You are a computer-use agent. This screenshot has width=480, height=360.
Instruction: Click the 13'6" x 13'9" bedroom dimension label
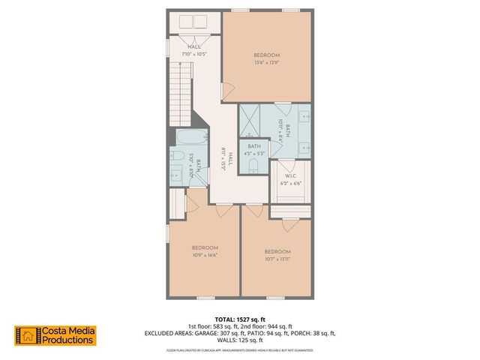point(266,63)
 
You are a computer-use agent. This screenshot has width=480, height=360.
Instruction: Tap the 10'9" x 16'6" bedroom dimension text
point(205,256)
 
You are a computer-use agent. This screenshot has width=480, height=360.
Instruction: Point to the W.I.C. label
point(292,176)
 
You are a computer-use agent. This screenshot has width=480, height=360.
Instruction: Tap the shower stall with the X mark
point(253,118)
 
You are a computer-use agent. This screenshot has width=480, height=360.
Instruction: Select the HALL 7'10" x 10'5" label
point(194,52)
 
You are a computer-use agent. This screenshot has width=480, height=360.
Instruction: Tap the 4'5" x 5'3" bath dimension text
point(254,153)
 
